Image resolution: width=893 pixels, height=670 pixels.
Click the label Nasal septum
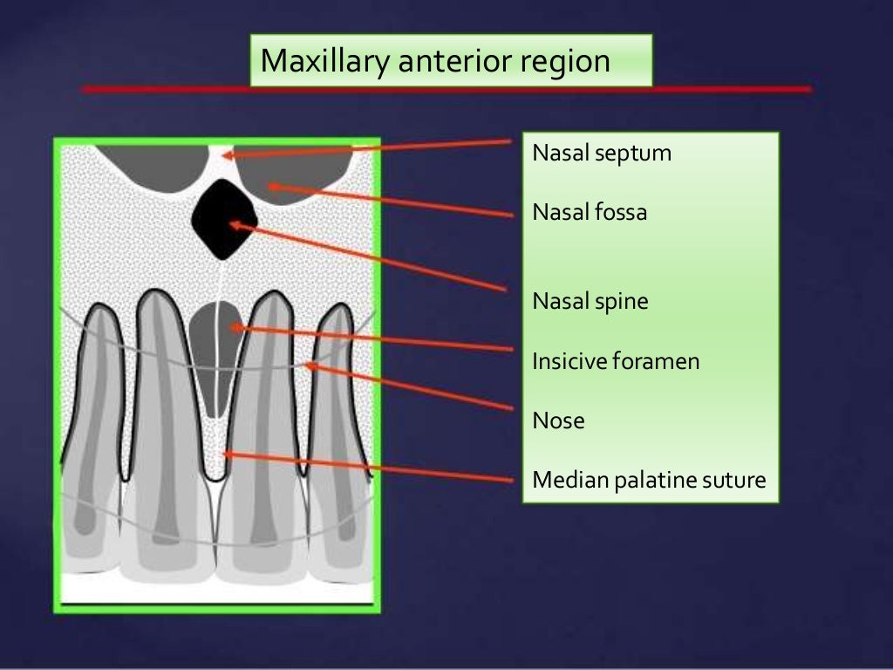point(602,154)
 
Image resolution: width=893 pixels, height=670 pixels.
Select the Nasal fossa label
point(590,211)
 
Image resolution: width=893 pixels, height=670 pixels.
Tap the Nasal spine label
point(590,302)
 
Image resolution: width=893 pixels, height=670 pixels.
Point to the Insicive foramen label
point(616,361)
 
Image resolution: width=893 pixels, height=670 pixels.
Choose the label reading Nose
point(558,421)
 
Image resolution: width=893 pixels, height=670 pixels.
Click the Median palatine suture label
point(649,480)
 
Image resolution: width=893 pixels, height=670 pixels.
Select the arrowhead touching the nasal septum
point(225,155)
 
